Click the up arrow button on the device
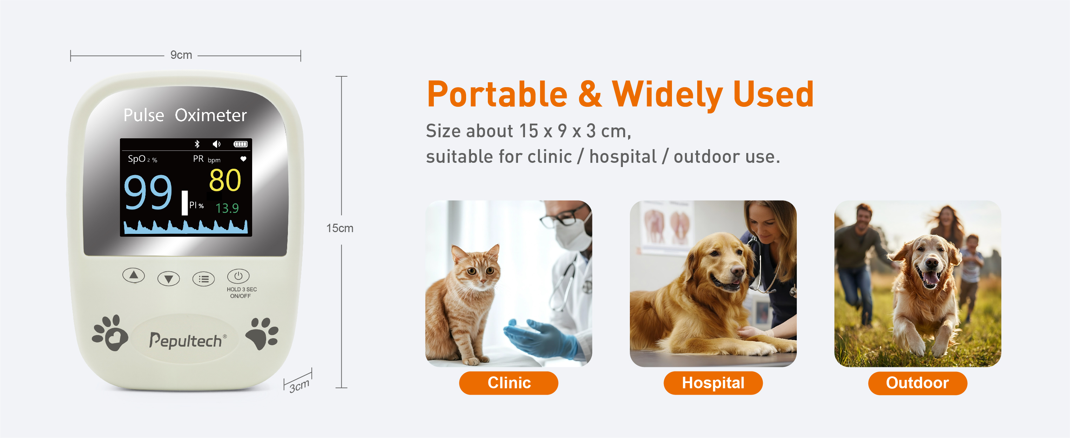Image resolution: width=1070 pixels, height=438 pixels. (x=133, y=276)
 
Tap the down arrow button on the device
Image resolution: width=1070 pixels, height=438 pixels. (x=169, y=279)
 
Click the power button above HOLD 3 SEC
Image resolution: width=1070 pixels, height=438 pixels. (x=238, y=276)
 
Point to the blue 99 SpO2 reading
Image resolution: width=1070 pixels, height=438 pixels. (x=148, y=192)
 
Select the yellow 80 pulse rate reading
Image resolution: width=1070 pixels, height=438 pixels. (x=225, y=180)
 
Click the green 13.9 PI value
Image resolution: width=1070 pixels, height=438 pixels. (x=227, y=208)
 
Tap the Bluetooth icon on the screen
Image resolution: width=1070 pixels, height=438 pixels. (x=197, y=144)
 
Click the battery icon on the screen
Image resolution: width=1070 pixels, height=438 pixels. (x=241, y=144)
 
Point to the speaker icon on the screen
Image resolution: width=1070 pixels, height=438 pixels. (x=216, y=144)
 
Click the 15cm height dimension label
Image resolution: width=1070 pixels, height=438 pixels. (x=340, y=228)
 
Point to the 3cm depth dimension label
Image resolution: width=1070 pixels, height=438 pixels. (x=300, y=386)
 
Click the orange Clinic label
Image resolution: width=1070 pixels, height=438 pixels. (x=509, y=383)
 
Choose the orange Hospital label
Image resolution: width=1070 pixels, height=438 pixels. (x=713, y=383)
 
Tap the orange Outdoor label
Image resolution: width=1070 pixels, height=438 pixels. (x=917, y=383)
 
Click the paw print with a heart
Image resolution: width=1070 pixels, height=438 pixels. (x=110, y=333)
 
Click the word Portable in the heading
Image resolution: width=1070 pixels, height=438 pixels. (x=497, y=95)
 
